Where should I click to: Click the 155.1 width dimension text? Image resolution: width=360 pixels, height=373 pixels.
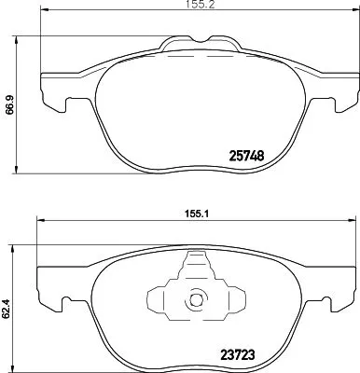(191, 211)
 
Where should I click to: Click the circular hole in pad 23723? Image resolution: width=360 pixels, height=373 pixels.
(196, 300)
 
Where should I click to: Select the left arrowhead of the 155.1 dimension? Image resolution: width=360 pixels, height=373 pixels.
(40, 220)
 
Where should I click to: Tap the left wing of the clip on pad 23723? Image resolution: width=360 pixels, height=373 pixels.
(159, 298)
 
